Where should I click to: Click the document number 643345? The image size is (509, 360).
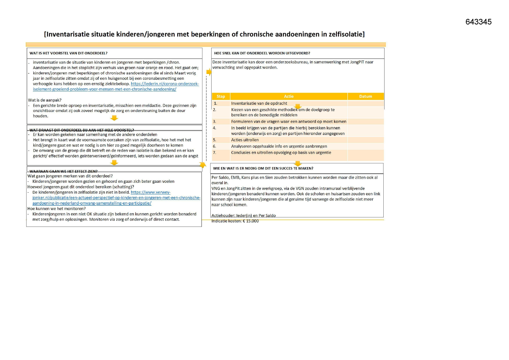click(x=478, y=22)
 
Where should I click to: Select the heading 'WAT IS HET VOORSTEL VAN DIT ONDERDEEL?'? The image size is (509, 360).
click(x=68, y=53)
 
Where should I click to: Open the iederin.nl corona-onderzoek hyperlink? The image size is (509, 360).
click(x=165, y=84)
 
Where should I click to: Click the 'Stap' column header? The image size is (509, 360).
click(x=221, y=96)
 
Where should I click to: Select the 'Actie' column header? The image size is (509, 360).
click(x=288, y=96)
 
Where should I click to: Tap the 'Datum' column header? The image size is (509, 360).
click(x=365, y=96)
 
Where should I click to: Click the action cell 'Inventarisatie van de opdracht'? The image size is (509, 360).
click(x=259, y=103)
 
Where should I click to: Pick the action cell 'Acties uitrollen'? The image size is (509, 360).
click(x=245, y=140)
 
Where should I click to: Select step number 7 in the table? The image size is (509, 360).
click(x=214, y=153)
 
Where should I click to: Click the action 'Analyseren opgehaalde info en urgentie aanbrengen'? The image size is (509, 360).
click(x=279, y=146)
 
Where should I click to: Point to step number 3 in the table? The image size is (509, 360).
click(x=214, y=122)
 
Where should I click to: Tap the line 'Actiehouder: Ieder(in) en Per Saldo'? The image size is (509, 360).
click(x=243, y=216)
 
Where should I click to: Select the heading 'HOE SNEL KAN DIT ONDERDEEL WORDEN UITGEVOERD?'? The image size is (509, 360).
click(x=262, y=53)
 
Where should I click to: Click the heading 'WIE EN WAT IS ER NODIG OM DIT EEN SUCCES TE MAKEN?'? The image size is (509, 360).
click(x=263, y=168)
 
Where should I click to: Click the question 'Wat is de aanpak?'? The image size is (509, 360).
click(x=45, y=100)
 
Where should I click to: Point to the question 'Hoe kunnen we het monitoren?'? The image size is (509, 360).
click(x=56, y=209)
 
